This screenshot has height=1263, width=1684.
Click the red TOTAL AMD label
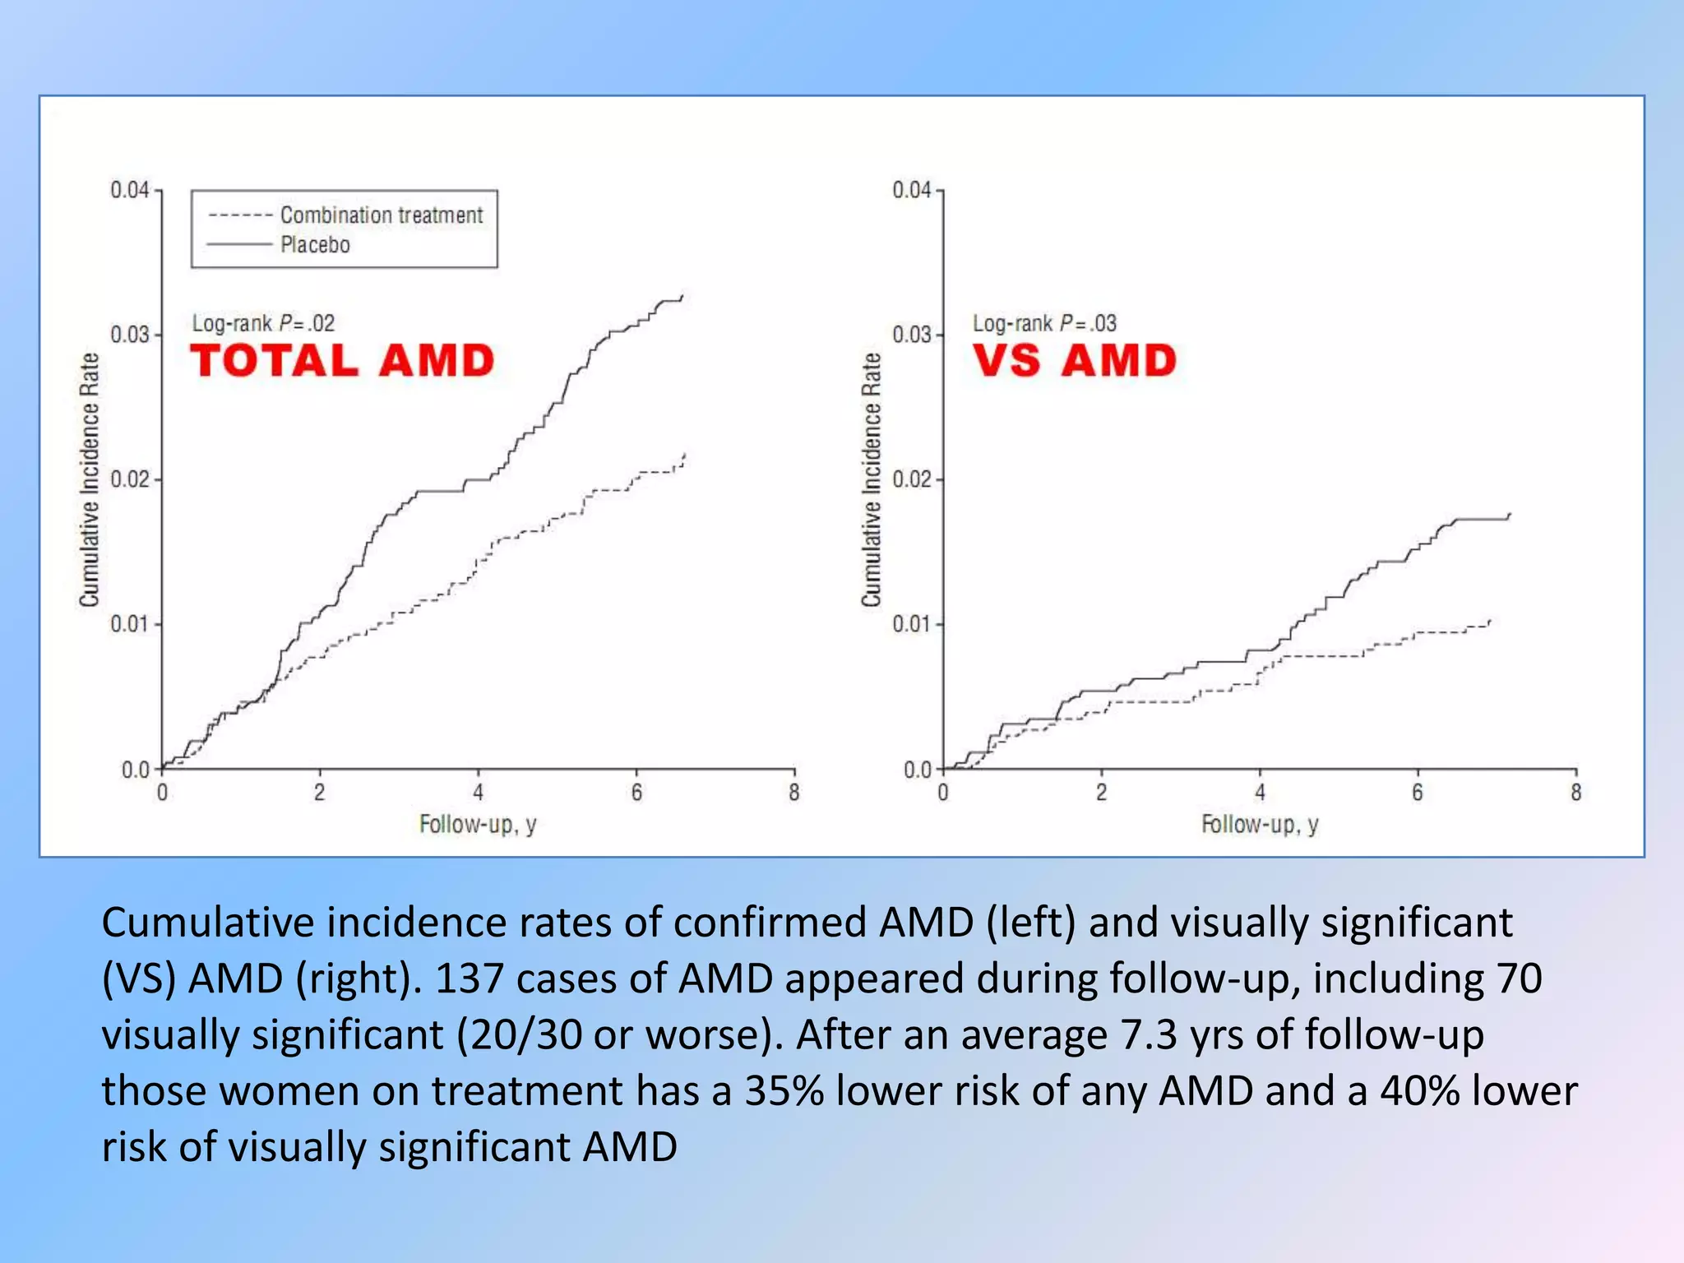coord(342,361)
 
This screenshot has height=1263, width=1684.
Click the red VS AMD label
coord(1075,361)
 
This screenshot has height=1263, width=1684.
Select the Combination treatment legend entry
coord(382,215)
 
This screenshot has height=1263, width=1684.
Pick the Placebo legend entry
coord(315,245)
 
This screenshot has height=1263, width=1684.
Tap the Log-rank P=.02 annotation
coord(263,323)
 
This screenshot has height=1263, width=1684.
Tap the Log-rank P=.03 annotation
coord(1044,323)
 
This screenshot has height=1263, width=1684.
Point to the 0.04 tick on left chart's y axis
coord(130,190)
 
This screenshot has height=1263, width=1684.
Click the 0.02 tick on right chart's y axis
coord(912,479)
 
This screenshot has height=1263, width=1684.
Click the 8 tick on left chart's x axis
coord(793,793)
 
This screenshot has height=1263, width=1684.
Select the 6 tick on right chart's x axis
coord(1418,793)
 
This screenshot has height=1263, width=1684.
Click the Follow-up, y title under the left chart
coord(478,824)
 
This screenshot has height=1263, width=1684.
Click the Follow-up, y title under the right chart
coord(1260,824)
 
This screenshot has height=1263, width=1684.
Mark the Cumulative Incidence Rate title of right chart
coord(872,480)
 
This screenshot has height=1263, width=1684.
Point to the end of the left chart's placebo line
coord(682,296)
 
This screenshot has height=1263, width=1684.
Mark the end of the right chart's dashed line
coord(1490,621)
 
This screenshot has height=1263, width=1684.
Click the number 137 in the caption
coord(469,978)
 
